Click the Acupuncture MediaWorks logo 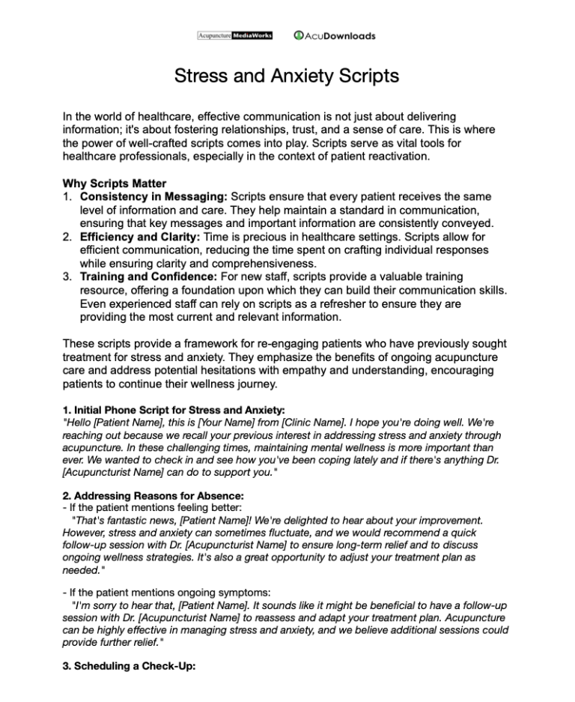(x=234, y=35)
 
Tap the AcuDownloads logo (x=335, y=35)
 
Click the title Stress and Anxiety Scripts (x=287, y=76)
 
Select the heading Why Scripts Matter (x=115, y=184)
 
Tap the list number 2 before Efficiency (x=67, y=237)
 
